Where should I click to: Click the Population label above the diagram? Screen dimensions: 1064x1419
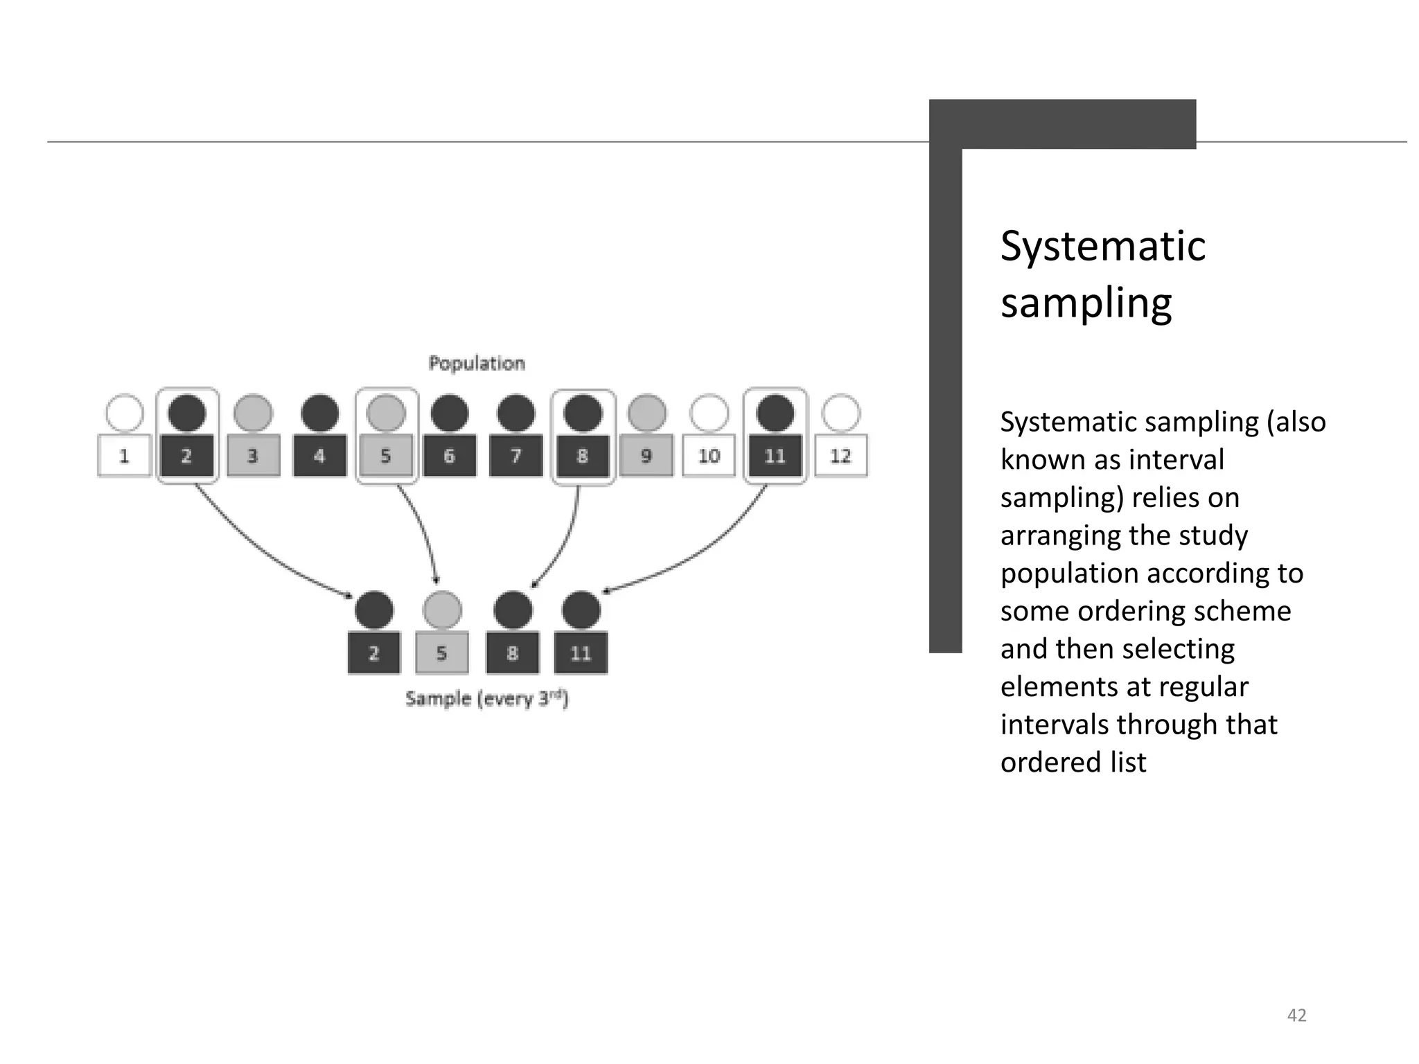477,363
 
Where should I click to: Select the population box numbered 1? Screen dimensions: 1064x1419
125,456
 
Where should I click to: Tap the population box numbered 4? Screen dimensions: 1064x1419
319,456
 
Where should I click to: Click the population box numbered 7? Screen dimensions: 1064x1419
515,456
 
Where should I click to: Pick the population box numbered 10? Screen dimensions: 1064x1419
709,456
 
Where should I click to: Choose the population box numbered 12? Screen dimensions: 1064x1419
840,456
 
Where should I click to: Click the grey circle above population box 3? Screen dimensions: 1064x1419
253,414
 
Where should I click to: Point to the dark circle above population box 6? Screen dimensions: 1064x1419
450,414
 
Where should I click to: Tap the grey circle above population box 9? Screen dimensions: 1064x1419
646,414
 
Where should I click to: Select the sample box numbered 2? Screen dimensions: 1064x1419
374,653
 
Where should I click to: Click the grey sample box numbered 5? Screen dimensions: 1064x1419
442,653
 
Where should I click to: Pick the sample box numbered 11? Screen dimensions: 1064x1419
581,653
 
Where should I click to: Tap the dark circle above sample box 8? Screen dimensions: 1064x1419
513,610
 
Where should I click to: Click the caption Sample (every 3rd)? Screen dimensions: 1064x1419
486,699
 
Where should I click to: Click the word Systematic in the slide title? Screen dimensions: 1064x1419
1102,246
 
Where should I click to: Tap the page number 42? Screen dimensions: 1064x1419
1296,1016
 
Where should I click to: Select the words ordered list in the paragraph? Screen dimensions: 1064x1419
1073,763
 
